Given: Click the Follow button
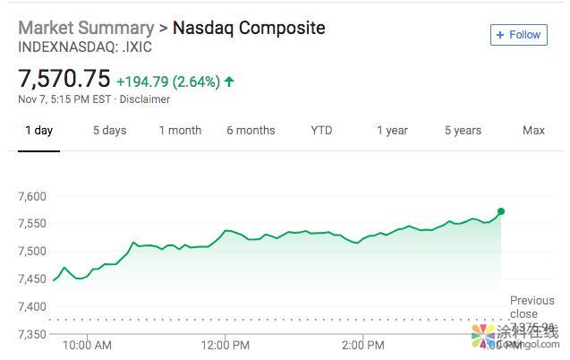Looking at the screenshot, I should (518, 35).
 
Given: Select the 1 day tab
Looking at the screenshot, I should (38, 131).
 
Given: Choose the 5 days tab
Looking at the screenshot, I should (109, 131).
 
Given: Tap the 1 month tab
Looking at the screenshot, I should (180, 131).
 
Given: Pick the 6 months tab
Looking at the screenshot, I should (251, 131).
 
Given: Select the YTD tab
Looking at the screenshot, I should (321, 131).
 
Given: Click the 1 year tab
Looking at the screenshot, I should (392, 131).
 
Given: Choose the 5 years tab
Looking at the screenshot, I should (463, 131).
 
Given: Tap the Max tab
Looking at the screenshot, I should (533, 131).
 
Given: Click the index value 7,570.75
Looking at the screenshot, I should (64, 80).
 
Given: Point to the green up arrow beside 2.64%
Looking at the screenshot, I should (229, 81).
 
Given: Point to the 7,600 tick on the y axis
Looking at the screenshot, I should (32, 196).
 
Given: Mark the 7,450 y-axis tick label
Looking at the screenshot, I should (32, 279).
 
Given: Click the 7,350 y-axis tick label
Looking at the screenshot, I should (32, 334).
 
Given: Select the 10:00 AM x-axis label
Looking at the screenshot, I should (88, 345).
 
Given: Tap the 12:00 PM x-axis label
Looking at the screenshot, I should (225, 345).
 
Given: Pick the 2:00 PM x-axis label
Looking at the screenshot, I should (363, 345).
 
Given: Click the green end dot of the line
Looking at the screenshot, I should (501, 211).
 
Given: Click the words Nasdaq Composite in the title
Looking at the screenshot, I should (249, 28).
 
